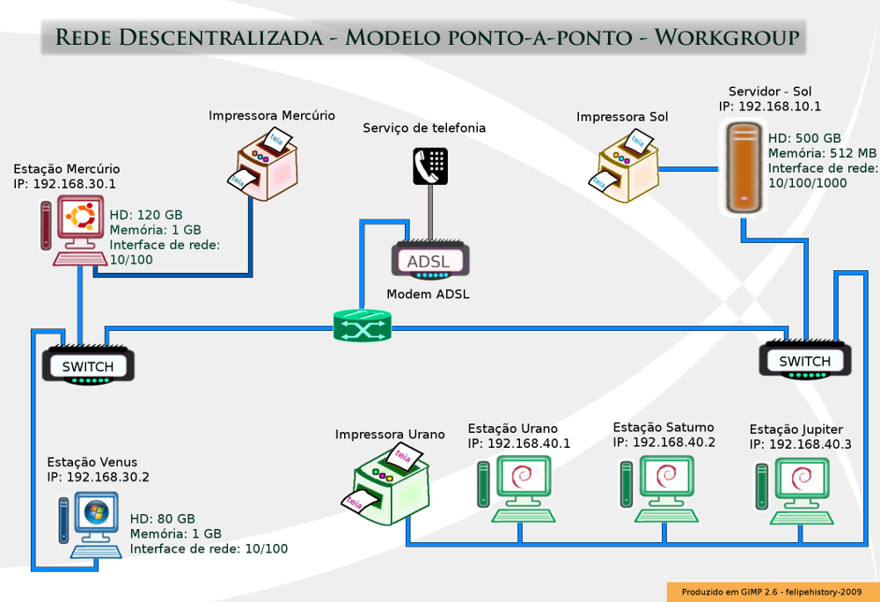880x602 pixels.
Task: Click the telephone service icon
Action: click(430, 166)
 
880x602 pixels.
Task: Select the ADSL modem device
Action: click(430, 260)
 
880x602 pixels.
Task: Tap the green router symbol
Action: click(363, 326)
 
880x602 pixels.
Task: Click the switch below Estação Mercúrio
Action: click(88, 364)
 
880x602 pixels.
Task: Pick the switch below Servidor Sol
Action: click(805, 360)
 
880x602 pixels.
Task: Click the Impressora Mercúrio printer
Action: click(264, 165)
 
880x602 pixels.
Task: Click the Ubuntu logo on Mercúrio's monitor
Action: click(82, 217)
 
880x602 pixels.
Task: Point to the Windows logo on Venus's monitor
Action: click(96, 511)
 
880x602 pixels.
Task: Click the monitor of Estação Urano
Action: click(524, 477)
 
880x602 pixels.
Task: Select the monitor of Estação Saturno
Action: click(667, 477)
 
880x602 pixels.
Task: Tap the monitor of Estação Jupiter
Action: click(802, 479)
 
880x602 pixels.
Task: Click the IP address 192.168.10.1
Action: click(780, 106)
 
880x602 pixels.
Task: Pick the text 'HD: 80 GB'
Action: click(163, 518)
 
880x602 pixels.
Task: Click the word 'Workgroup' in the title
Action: click(727, 37)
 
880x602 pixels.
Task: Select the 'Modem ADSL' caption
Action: click(429, 294)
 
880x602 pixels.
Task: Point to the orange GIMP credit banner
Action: click(773, 592)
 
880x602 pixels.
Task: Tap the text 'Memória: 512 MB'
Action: click(822, 153)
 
